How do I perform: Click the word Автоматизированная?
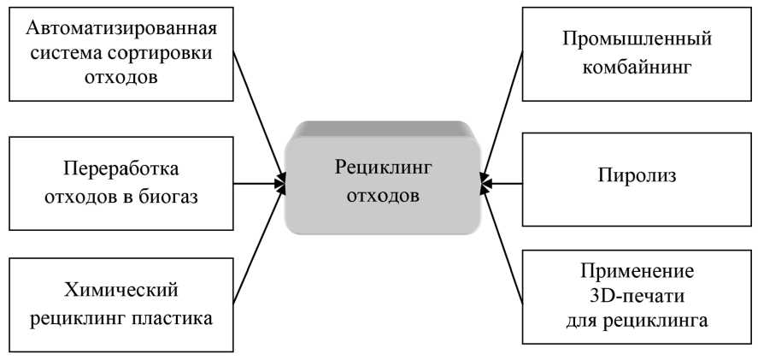pos(121,28)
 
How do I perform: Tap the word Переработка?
pos(121,167)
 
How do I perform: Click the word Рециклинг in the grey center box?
pos(383,167)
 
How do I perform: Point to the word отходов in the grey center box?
pos(383,195)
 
